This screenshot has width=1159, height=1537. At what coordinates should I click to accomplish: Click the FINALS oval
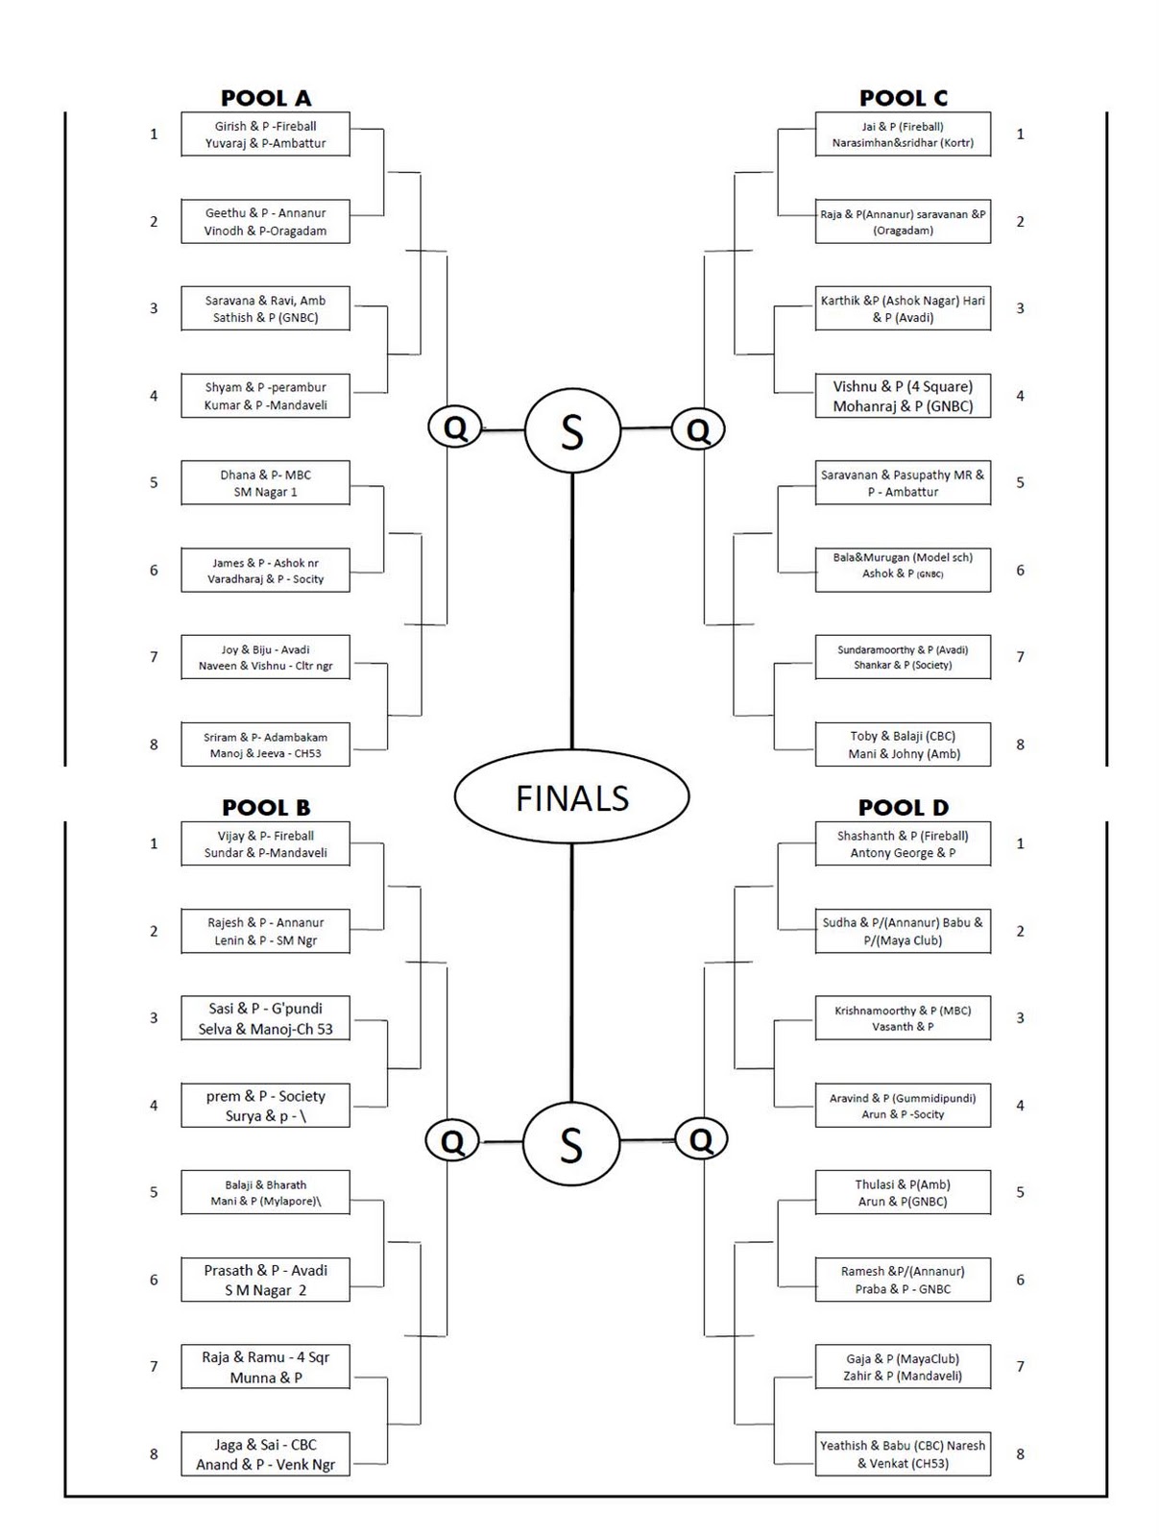(x=571, y=797)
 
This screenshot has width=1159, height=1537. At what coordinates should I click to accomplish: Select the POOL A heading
(x=266, y=98)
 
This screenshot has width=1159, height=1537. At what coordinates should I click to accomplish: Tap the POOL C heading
(x=903, y=98)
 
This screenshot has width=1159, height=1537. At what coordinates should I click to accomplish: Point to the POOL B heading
(x=266, y=808)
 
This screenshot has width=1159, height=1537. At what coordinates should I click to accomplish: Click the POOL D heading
(x=903, y=808)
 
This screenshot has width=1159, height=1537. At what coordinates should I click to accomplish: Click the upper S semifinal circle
(x=572, y=431)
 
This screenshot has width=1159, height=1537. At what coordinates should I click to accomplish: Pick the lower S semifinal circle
(x=571, y=1144)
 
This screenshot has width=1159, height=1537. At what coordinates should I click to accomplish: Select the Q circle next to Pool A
(x=455, y=427)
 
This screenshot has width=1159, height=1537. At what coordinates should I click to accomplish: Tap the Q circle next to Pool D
(x=701, y=1140)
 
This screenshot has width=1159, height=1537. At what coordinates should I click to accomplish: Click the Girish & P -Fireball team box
(x=265, y=134)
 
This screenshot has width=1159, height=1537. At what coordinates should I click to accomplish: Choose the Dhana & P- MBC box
(x=265, y=483)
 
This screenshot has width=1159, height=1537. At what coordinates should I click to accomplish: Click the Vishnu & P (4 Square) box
(x=903, y=396)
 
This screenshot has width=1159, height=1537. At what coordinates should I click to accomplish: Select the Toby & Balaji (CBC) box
(x=903, y=744)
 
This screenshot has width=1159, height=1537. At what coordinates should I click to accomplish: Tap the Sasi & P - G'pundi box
(x=265, y=1018)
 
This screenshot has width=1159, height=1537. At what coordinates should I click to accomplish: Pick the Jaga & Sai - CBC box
(x=265, y=1454)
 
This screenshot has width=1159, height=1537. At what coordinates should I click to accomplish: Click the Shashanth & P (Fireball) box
(x=903, y=844)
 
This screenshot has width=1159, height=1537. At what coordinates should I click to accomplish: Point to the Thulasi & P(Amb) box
(x=903, y=1193)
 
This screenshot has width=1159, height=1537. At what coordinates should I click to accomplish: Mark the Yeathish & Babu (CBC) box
(x=903, y=1454)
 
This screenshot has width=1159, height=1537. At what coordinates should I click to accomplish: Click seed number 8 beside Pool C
(x=1020, y=744)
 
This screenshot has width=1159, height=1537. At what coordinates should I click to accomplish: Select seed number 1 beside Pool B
(x=154, y=844)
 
